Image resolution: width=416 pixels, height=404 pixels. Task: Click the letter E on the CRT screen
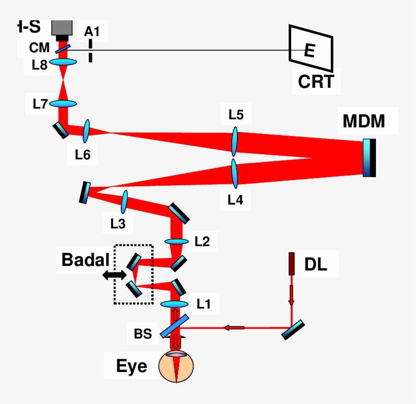(309, 51)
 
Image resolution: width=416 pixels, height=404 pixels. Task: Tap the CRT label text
(316, 81)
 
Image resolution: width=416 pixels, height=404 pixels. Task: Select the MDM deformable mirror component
(370, 158)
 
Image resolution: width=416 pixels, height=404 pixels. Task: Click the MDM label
(364, 121)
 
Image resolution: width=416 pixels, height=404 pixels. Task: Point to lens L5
(235, 142)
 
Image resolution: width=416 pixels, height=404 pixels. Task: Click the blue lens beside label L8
(63, 62)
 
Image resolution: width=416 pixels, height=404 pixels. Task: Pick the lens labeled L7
(63, 104)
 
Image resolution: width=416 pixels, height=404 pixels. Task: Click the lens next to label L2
(176, 242)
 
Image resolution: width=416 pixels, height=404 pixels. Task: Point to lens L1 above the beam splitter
(175, 304)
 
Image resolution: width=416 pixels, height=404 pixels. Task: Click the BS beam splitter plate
(175, 326)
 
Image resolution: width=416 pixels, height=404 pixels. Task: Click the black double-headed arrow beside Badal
(114, 275)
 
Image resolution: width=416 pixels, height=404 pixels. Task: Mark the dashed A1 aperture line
(90, 51)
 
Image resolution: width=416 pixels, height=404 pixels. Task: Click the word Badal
(85, 260)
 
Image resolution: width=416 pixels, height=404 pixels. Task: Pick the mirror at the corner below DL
(294, 329)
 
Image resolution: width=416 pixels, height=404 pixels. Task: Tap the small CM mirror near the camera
(62, 49)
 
